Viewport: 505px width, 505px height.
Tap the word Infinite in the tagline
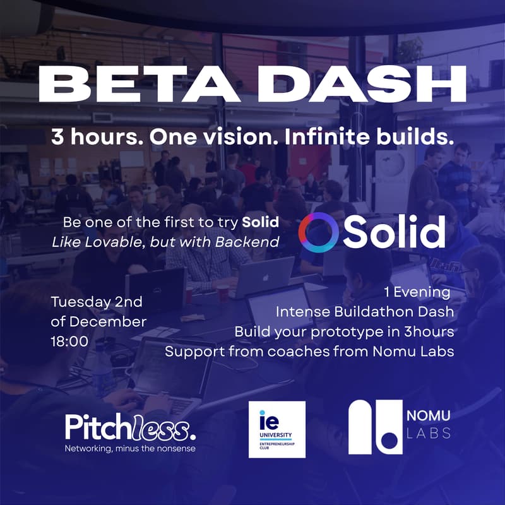coord(328,138)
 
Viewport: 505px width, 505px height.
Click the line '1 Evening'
coord(417,292)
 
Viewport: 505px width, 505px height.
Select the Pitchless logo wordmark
coord(130,428)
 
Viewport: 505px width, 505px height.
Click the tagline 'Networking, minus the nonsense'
coord(130,448)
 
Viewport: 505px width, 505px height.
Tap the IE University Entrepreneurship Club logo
coord(277,429)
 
